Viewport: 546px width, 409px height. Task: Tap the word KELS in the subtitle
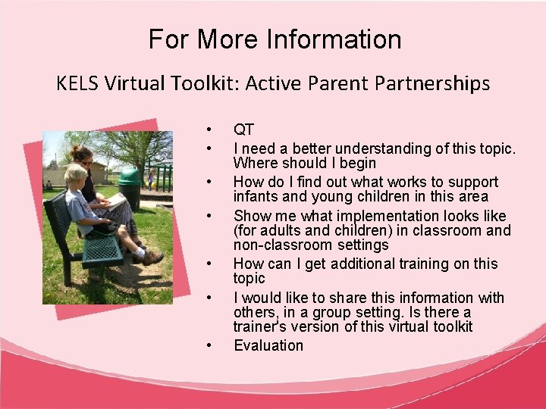pos(77,83)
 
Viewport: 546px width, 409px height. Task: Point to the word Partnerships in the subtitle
pos(432,83)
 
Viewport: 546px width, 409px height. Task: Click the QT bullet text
pos(243,130)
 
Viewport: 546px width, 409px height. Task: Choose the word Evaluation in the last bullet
pos(268,345)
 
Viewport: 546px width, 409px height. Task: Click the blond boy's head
pos(75,176)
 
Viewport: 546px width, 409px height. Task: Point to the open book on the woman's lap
pos(115,201)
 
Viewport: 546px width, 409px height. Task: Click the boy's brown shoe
pos(152,258)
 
